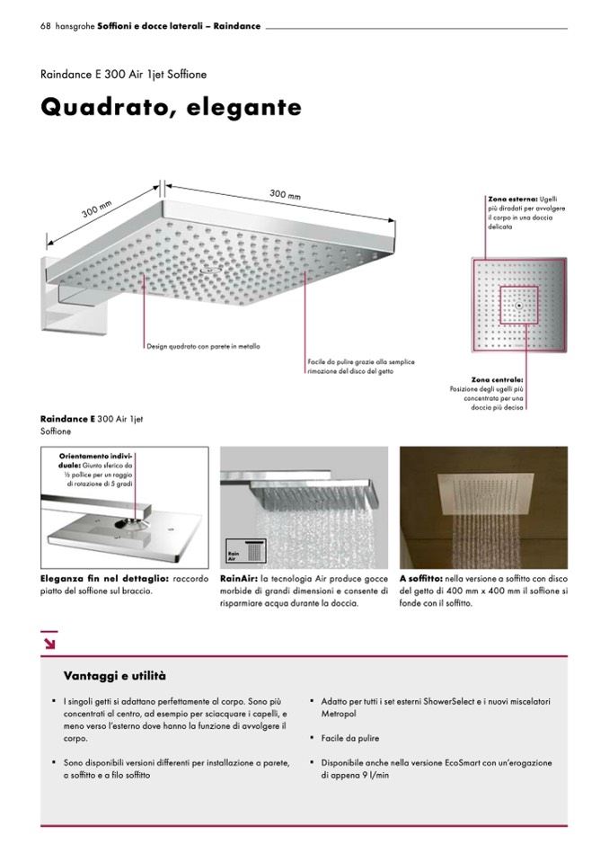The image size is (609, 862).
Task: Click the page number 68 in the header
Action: coord(45,26)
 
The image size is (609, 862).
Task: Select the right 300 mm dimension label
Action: coord(285,195)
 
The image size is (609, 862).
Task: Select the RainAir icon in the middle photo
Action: coord(236,548)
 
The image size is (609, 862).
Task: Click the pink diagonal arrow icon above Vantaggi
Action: coord(49,642)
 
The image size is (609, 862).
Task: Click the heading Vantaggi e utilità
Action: coord(114,675)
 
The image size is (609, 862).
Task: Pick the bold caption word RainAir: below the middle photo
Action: coord(238,580)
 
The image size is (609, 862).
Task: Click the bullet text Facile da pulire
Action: coord(350,738)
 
